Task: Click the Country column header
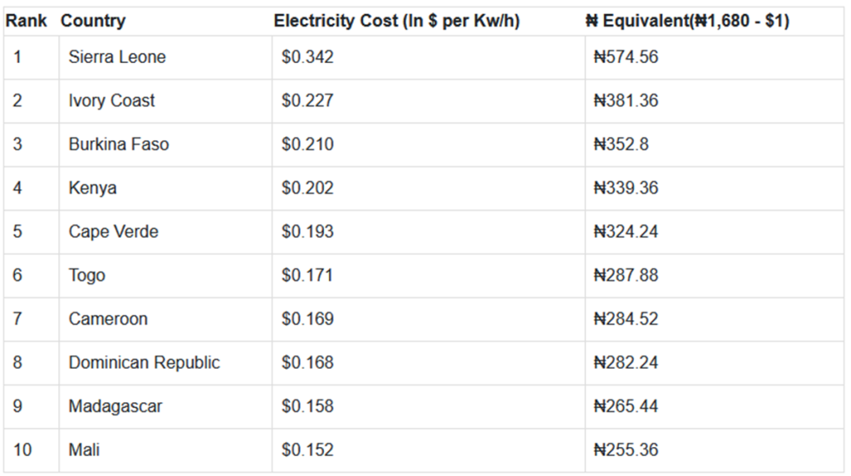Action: (x=93, y=21)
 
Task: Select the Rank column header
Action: (x=27, y=21)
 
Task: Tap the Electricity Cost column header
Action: (x=396, y=21)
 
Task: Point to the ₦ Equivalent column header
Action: (x=686, y=21)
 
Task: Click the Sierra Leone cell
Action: (x=117, y=57)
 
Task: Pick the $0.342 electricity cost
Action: (x=307, y=57)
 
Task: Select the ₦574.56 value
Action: (x=626, y=57)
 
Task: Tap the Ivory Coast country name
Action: (x=111, y=101)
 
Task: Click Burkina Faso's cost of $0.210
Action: (x=307, y=145)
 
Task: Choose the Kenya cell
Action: (x=92, y=189)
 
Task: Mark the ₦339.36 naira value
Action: (x=626, y=189)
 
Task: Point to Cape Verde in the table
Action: (x=113, y=232)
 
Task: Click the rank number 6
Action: (x=18, y=275)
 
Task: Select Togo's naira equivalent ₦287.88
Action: (x=626, y=275)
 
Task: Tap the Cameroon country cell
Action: (x=108, y=319)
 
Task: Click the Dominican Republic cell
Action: (x=144, y=363)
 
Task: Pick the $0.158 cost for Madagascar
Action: (x=307, y=406)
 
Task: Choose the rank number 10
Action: (x=22, y=450)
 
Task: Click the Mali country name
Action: (x=84, y=450)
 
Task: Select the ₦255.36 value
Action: (x=626, y=450)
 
